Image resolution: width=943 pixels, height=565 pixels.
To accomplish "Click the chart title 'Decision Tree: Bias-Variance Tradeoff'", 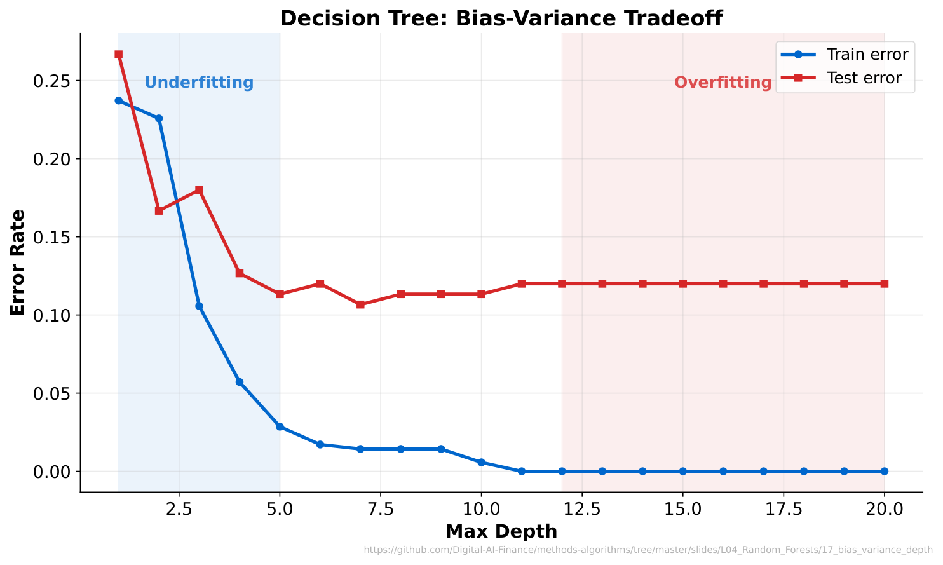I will pos(501,18).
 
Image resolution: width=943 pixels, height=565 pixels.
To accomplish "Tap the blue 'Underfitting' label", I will pos(199,83).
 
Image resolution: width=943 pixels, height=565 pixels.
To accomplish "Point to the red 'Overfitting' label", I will pos(723,83).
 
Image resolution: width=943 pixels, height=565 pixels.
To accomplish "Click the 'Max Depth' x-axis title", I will pos(501,531).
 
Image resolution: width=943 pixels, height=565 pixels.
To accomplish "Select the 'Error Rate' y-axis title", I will pos(18,262).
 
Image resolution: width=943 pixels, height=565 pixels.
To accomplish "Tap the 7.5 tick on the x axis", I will pos(380,509).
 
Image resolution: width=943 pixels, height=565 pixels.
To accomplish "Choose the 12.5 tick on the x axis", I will pos(581,509).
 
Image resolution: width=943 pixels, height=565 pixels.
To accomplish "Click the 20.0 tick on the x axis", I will pos(884,509).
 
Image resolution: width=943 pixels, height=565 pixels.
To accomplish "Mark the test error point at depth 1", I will pos(119,55).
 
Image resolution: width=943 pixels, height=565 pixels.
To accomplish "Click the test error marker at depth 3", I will pos(199,190).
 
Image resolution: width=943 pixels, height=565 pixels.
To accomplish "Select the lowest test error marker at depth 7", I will pos(360,304).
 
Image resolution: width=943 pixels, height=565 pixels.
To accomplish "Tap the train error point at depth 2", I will pos(159,118).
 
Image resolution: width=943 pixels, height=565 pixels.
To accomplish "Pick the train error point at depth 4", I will pos(240,382).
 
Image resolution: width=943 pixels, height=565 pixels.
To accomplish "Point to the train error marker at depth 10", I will pos(481,462).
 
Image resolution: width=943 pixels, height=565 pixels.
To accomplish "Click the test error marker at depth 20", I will pos(884,283).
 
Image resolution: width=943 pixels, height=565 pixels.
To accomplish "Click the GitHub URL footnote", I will pos(648,550).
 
